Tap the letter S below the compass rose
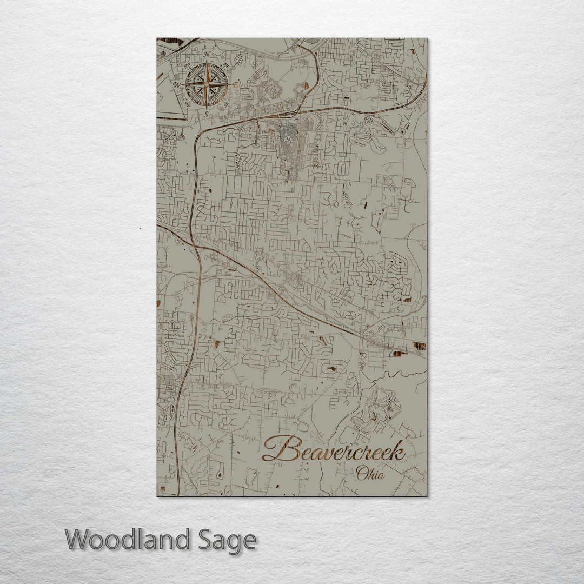coord(206,114)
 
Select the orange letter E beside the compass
coord(235,84)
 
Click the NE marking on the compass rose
coord(225,66)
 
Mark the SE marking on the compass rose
coord(225,103)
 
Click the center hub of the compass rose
coord(206,84)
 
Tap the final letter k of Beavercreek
coord(398,451)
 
